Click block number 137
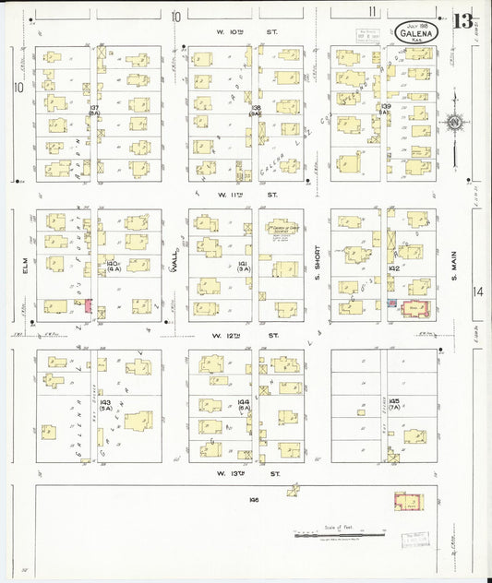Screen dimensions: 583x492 [94, 108]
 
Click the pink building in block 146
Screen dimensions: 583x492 [407, 502]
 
